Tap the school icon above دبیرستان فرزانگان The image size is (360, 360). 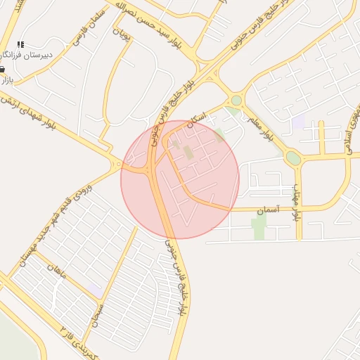(x=20, y=44)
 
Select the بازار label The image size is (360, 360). (x=7, y=80)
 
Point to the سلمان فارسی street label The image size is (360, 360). (x=90, y=28)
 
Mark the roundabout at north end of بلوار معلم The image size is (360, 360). (x=236, y=101)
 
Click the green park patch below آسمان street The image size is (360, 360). (x=259, y=226)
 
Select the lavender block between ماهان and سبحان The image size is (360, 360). (x=96, y=290)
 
